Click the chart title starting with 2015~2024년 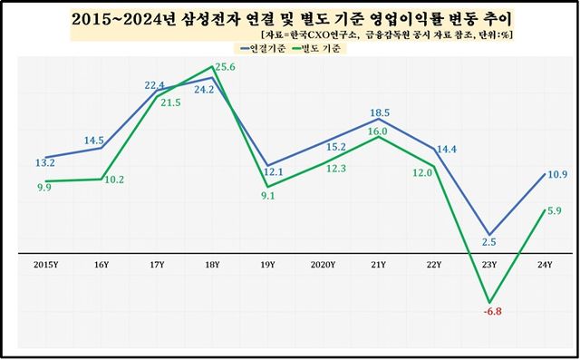pyautogui.click(x=291, y=18)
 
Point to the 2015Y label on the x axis pyautogui.click(x=46, y=265)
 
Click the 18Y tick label pyautogui.click(x=212, y=265)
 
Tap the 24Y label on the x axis pyautogui.click(x=545, y=265)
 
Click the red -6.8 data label pyautogui.click(x=490, y=316)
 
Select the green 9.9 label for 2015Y pyautogui.click(x=44, y=186)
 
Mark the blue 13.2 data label pyautogui.click(x=45, y=163)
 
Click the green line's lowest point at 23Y pyautogui.click(x=489, y=302)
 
